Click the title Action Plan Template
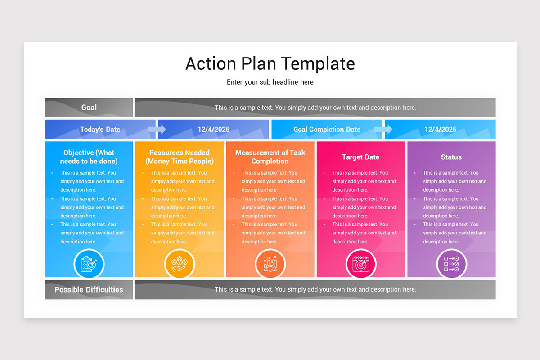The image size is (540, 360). pyautogui.click(x=270, y=63)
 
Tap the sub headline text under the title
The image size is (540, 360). pyautogui.click(x=270, y=82)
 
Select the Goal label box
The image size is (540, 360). pyautogui.click(x=89, y=108)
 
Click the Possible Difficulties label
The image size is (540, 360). pyautogui.click(x=89, y=290)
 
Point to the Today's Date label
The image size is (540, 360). pyautogui.click(x=100, y=130)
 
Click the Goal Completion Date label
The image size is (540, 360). pyautogui.click(x=327, y=130)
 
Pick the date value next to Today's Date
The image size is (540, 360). pyautogui.click(x=214, y=130)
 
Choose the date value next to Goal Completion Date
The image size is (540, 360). pyautogui.click(x=441, y=130)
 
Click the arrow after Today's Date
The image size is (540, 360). pyautogui.click(x=157, y=130)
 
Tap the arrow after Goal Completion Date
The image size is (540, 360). pyautogui.click(x=383, y=130)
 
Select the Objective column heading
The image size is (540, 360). pyautogui.click(x=89, y=157)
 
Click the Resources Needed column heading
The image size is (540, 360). pyautogui.click(x=180, y=157)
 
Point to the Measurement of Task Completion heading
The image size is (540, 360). pyautogui.click(x=270, y=157)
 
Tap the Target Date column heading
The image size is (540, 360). pyautogui.click(x=360, y=157)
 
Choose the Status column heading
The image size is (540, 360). pyautogui.click(x=451, y=157)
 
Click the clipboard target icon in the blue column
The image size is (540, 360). pyautogui.click(x=89, y=264)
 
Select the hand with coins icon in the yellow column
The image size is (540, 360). pyautogui.click(x=180, y=264)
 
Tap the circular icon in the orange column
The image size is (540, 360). pyautogui.click(x=270, y=264)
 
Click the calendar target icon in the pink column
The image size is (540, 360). pyautogui.click(x=360, y=264)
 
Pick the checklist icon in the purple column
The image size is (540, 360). pyautogui.click(x=451, y=264)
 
